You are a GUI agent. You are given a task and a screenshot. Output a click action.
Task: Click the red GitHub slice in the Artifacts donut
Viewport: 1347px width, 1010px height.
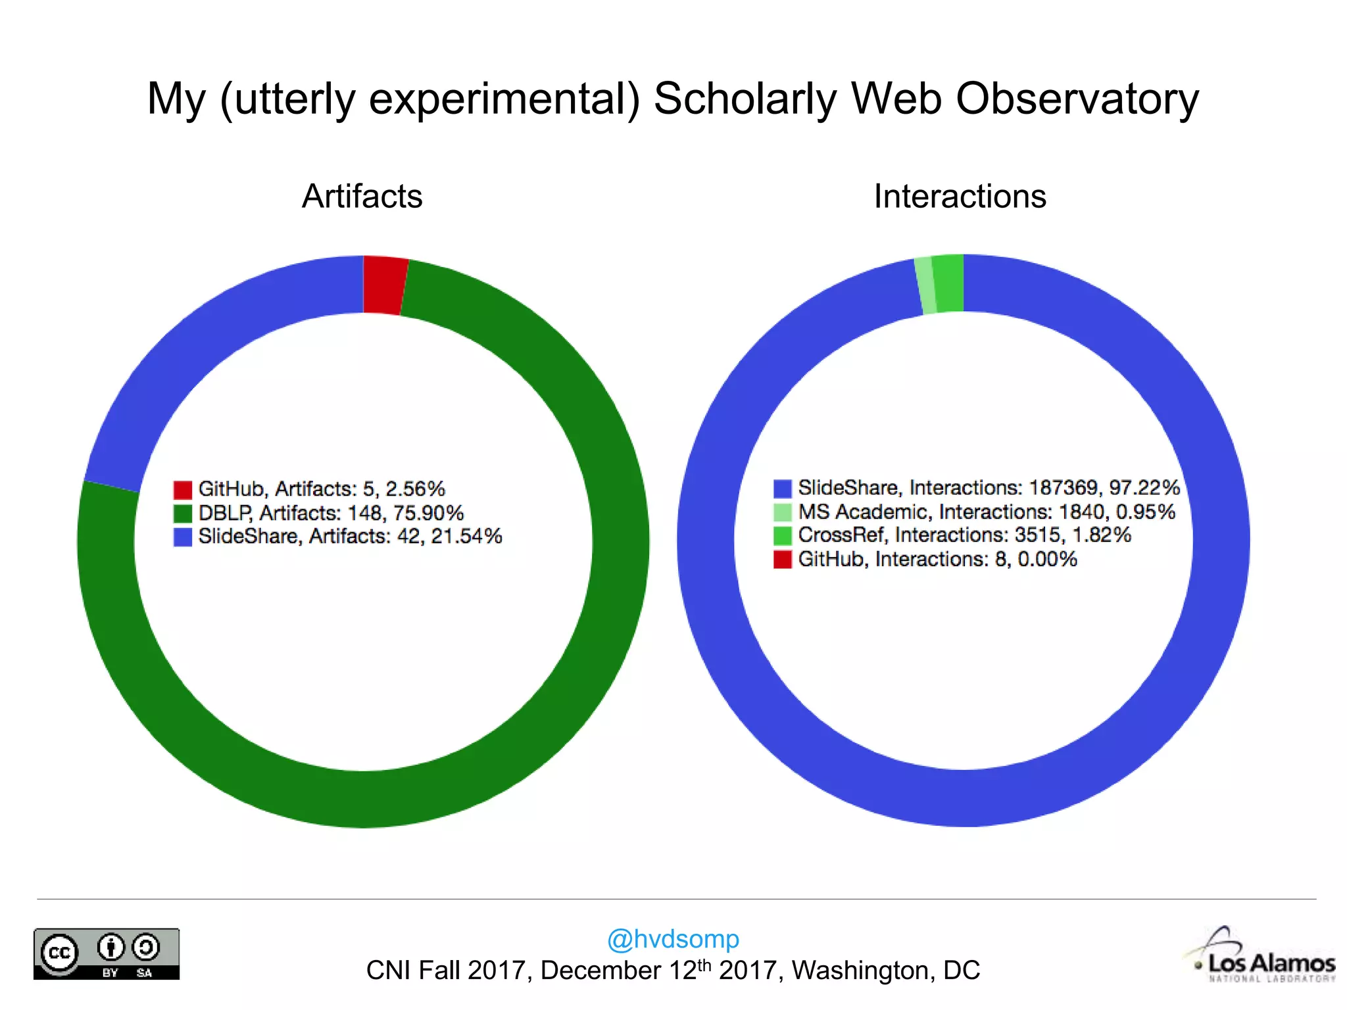point(384,285)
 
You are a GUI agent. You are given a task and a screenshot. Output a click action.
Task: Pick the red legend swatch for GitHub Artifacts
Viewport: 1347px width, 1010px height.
point(183,490)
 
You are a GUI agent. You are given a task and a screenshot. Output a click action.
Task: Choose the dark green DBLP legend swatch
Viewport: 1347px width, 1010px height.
point(183,514)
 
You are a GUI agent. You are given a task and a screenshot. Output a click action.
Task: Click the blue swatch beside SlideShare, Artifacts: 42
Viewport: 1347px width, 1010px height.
point(183,537)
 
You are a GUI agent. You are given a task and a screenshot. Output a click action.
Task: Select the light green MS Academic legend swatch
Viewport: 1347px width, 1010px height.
point(783,512)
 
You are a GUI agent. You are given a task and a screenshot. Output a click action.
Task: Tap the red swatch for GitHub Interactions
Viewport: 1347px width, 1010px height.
point(783,560)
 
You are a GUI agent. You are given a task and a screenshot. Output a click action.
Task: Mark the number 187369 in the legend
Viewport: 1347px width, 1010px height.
point(1064,488)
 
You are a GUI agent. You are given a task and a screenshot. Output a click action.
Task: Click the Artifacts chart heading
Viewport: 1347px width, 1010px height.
point(362,197)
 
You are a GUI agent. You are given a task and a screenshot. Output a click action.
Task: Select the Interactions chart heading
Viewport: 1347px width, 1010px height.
point(960,197)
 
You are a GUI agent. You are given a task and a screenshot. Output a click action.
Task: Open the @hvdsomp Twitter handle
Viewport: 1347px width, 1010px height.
point(673,939)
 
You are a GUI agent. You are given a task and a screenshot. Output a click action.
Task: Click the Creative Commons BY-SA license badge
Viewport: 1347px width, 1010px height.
point(107,954)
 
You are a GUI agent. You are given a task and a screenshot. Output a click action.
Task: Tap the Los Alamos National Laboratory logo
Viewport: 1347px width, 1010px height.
point(1263,957)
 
